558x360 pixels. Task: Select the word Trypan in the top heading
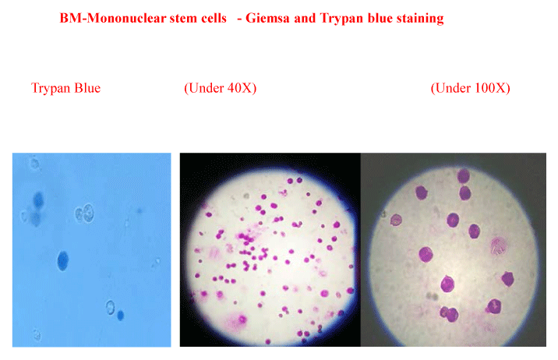(x=341, y=19)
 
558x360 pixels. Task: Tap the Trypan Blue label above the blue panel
(x=65, y=88)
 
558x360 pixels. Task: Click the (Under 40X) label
(x=221, y=88)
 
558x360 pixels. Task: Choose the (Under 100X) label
(x=471, y=88)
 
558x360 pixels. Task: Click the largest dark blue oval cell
(x=62, y=261)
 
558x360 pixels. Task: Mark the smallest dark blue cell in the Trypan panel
(x=120, y=315)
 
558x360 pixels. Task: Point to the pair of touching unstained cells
(x=84, y=214)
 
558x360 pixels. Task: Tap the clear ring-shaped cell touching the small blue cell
(x=111, y=307)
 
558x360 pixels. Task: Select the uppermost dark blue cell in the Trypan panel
(x=38, y=200)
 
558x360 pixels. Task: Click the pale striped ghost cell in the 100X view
(x=499, y=245)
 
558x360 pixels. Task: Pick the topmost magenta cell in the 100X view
(x=464, y=176)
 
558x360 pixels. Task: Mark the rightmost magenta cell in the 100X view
(x=508, y=279)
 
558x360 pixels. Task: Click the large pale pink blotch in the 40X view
(x=235, y=320)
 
